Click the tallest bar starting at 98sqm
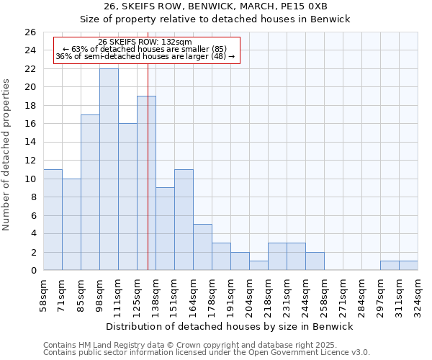pyautogui.click(x=109, y=169)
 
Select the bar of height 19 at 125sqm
pyautogui.click(x=146, y=183)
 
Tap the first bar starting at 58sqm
pyautogui.click(x=53, y=220)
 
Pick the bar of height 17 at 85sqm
pyautogui.click(x=90, y=192)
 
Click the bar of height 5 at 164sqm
pyautogui.click(x=202, y=247)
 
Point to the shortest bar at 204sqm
pyautogui.click(x=258, y=266)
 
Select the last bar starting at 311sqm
pyautogui.click(x=408, y=266)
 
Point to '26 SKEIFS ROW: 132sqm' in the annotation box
pyautogui.click(x=145, y=42)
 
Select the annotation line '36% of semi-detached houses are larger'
pyautogui.click(x=145, y=57)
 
